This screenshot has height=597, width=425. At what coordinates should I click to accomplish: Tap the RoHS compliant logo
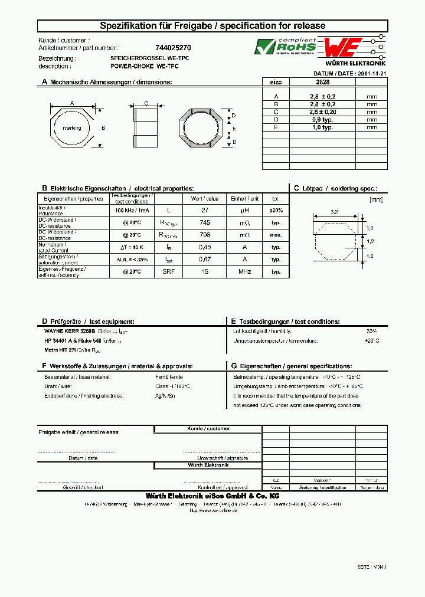click(285, 46)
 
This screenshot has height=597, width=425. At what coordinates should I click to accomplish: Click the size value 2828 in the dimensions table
click(323, 83)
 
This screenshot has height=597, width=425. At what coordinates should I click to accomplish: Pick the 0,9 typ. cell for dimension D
click(323, 119)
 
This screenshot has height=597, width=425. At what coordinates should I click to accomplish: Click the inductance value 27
click(204, 210)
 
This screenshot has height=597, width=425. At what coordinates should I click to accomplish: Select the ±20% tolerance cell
click(276, 210)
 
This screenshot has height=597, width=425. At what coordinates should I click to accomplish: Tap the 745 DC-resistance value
click(204, 222)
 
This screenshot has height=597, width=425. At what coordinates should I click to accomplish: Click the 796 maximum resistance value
click(204, 235)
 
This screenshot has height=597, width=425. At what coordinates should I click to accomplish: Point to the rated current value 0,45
click(204, 247)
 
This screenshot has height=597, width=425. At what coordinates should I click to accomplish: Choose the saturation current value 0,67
click(204, 260)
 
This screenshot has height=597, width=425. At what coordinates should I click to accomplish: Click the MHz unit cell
click(245, 272)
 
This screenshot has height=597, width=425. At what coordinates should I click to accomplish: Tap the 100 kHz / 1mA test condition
click(132, 210)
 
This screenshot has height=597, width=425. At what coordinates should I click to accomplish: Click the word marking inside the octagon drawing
click(72, 127)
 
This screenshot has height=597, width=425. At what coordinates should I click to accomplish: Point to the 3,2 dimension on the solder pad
click(334, 211)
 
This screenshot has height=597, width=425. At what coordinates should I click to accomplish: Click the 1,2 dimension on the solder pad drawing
click(370, 242)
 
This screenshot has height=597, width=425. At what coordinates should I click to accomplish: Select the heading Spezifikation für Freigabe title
click(212, 26)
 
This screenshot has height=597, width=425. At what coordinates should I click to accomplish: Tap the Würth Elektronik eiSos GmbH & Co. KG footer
click(212, 495)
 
